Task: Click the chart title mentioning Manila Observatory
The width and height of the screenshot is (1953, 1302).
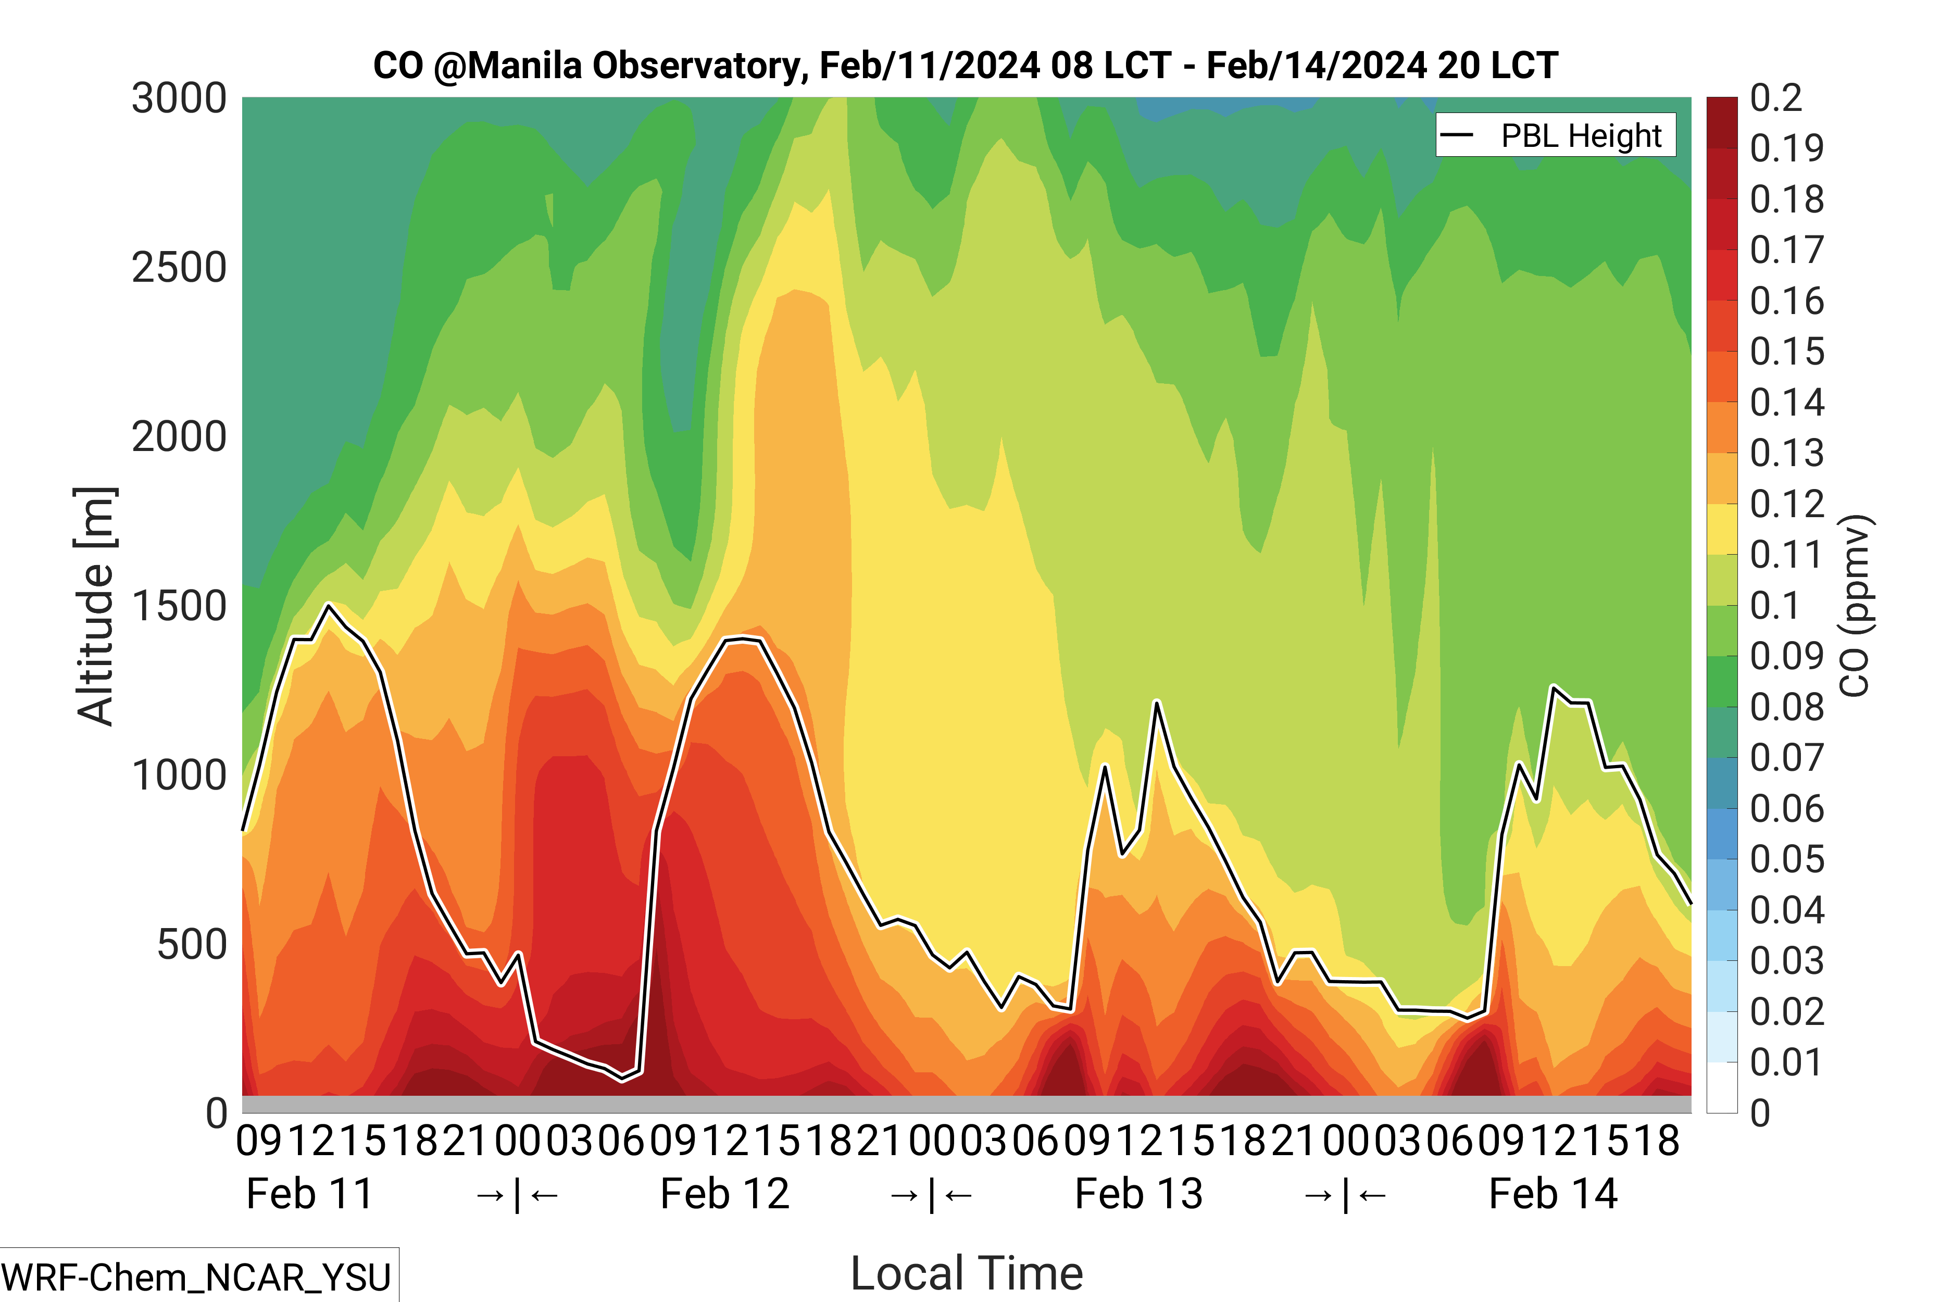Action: click(965, 66)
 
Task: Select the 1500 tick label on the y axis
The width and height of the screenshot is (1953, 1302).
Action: click(179, 606)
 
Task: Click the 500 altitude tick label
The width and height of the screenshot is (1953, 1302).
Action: click(192, 945)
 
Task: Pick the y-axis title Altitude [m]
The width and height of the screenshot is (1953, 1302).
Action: click(95, 606)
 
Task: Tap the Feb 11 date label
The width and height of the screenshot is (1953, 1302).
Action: click(310, 1194)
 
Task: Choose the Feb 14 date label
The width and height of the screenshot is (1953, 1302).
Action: click(1553, 1194)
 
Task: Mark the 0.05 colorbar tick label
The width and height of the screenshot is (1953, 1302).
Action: click(1787, 859)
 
